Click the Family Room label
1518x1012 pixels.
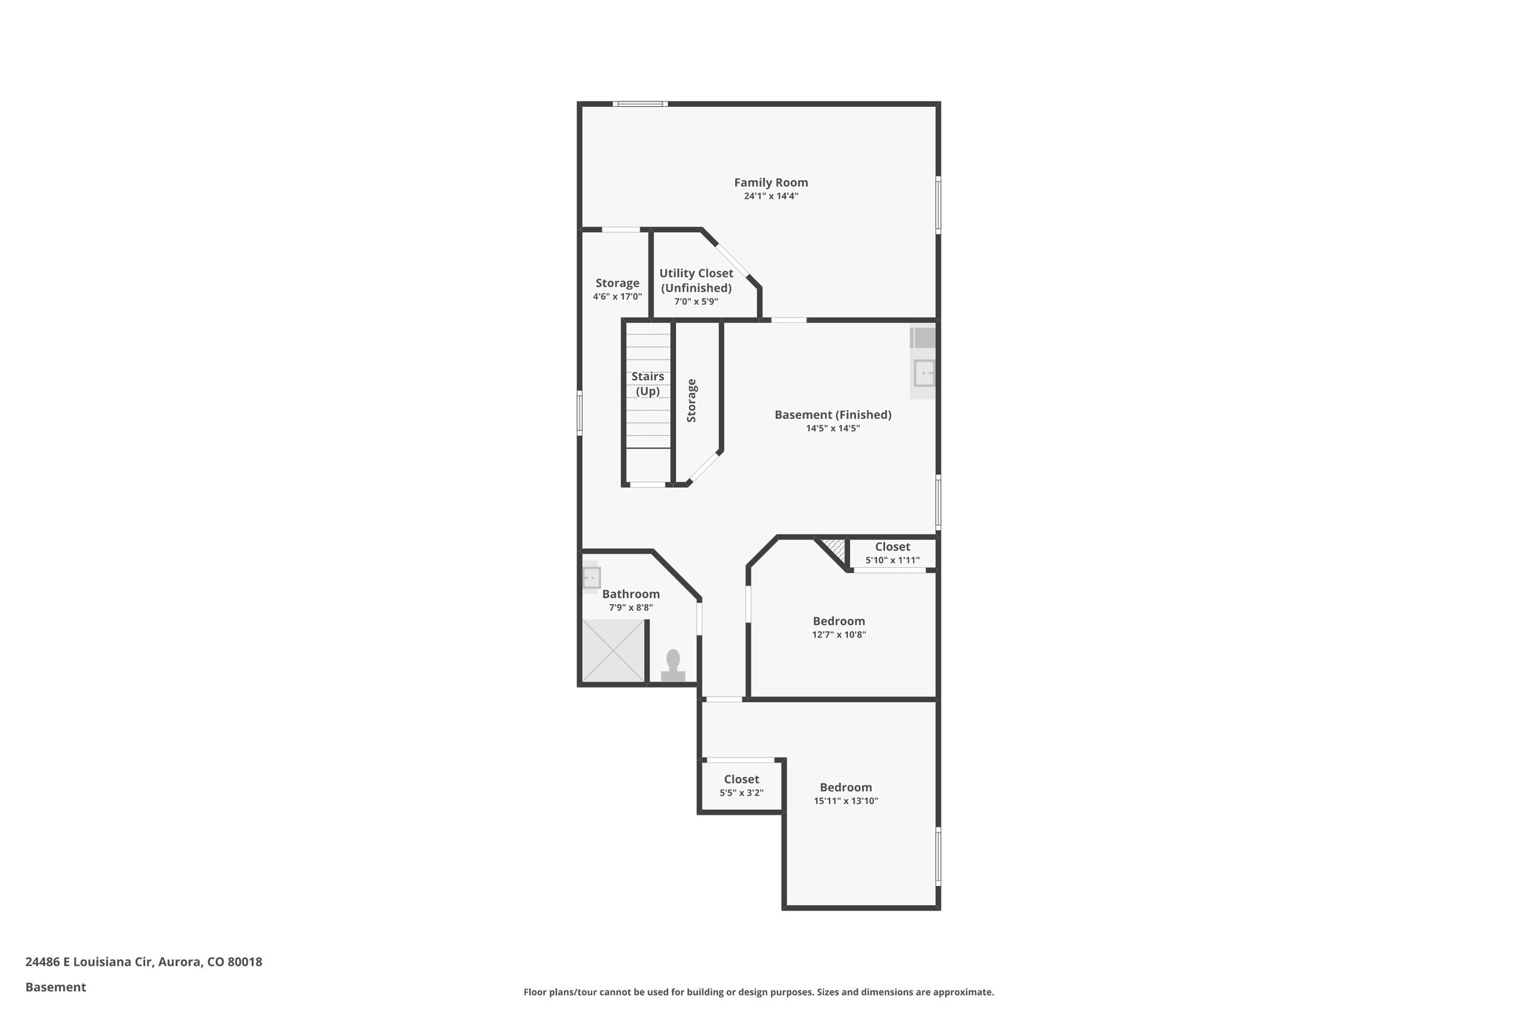(771, 182)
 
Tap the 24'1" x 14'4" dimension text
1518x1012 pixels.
(771, 196)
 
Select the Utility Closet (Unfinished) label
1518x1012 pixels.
(696, 280)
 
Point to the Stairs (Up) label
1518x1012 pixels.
(648, 384)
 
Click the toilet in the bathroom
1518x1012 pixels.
(673, 665)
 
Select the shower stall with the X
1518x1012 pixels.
(613, 650)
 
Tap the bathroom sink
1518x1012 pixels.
(591, 578)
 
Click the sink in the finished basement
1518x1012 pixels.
(924, 373)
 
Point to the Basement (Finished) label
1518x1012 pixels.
(832, 415)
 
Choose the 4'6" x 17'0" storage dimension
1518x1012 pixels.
(617, 297)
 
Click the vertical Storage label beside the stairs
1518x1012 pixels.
(692, 400)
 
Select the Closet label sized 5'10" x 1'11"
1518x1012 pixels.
(892, 547)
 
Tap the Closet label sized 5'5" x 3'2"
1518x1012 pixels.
(741, 779)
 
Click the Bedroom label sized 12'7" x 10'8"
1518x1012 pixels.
(838, 621)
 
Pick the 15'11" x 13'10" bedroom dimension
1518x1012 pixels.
(846, 801)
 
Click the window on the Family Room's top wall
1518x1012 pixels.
(640, 104)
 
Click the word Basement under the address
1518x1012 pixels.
(56, 987)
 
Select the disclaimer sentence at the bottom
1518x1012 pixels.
(758, 992)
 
